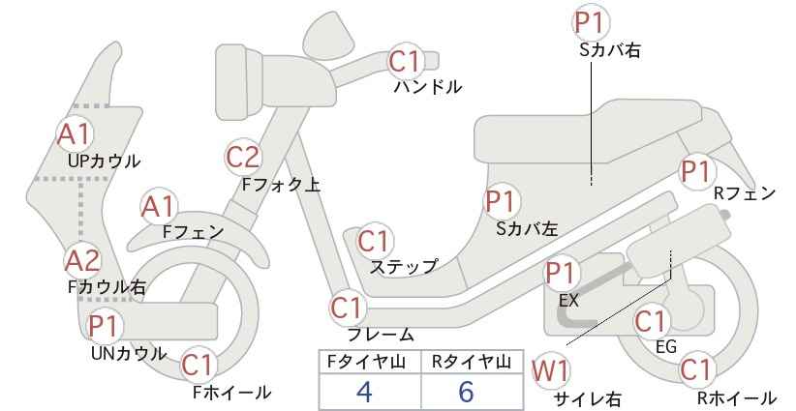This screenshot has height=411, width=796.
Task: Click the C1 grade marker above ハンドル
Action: [x=406, y=61]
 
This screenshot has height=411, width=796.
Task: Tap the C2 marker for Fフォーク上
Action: [x=243, y=157]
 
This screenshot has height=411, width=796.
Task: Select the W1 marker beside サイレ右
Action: [x=550, y=371]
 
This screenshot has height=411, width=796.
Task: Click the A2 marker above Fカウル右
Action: [x=82, y=260]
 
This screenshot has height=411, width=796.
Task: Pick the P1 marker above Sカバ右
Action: [x=591, y=23]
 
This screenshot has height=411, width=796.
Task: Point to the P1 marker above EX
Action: [x=562, y=273]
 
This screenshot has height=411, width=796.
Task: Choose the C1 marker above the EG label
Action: [x=651, y=322]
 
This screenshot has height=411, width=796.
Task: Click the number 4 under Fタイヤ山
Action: [x=364, y=392]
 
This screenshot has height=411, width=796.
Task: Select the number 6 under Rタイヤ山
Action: [x=466, y=392]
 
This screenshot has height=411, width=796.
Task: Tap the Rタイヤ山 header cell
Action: [x=473, y=362]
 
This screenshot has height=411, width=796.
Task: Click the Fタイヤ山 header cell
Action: [x=370, y=362]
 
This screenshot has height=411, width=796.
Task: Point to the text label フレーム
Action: [x=381, y=335]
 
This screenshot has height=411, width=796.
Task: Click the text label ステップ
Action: [x=404, y=267]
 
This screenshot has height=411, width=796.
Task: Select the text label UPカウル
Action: [x=104, y=161]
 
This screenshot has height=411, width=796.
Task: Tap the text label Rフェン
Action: [x=745, y=193]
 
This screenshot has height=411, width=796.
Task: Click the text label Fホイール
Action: [x=232, y=393]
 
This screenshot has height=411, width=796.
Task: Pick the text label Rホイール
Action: [x=736, y=397]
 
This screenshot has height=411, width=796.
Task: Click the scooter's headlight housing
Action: [x=238, y=81]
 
